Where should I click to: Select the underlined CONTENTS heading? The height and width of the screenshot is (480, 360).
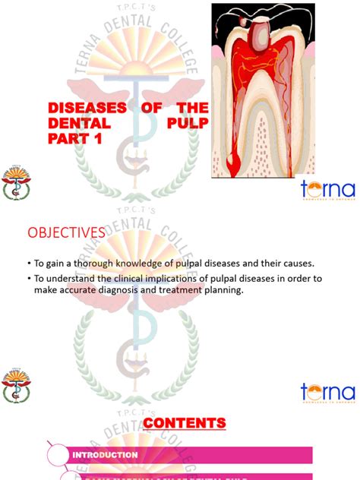tap(185, 423)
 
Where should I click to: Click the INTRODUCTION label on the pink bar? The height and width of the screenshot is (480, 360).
tap(105, 455)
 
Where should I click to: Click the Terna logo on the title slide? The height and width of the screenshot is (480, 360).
tap(327, 189)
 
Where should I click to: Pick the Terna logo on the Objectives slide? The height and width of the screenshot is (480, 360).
tap(327, 393)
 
